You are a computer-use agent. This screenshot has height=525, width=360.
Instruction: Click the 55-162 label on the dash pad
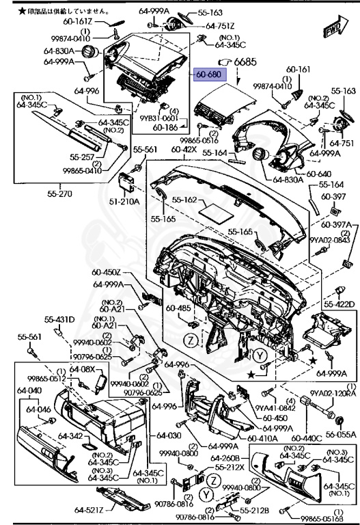tap(184, 200)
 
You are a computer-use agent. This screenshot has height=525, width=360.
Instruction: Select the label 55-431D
tap(60, 319)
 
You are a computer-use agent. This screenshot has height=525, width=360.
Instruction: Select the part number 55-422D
tap(339, 304)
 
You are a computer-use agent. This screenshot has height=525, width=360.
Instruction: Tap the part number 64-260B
tap(225, 458)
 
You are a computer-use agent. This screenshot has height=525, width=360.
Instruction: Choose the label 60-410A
tap(262, 437)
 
